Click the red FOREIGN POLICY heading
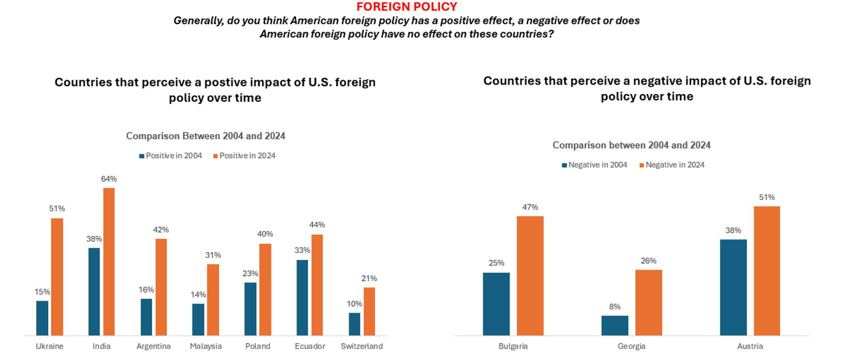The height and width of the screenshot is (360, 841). pyautogui.click(x=407, y=7)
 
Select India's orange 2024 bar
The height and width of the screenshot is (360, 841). pyautogui.click(x=109, y=262)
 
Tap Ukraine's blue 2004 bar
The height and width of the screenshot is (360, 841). pyautogui.click(x=42, y=318)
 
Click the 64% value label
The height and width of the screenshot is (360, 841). pyautogui.click(x=109, y=179)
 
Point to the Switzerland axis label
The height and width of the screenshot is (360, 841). pyautogui.click(x=362, y=346)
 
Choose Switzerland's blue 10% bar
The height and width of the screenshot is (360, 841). pyautogui.click(x=354, y=324)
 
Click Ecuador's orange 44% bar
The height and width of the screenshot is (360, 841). pyautogui.click(x=317, y=285)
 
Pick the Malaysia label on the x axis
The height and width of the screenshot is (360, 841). pyautogui.click(x=206, y=346)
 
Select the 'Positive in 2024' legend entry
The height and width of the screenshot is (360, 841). pyautogui.click(x=244, y=156)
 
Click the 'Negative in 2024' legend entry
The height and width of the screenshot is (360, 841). pyautogui.click(x=672, y=165)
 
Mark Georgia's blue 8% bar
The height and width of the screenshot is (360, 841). pyautogui.click(x=615, y=326)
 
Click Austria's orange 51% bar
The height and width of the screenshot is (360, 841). pyautogui.click(x=766, y=270)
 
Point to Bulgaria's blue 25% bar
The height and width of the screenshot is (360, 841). pyautogui.click(x=496, y=304)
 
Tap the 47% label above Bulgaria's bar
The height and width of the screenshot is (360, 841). pyautogui.click(x=530, y=207)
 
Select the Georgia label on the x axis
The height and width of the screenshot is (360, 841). pyautogui.click(x=631, y=346)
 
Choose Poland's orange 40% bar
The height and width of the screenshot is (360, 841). pyautogui.click(x=265, y=289)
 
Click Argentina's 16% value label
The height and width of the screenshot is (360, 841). pyautogui.click(x=146, y=290)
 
